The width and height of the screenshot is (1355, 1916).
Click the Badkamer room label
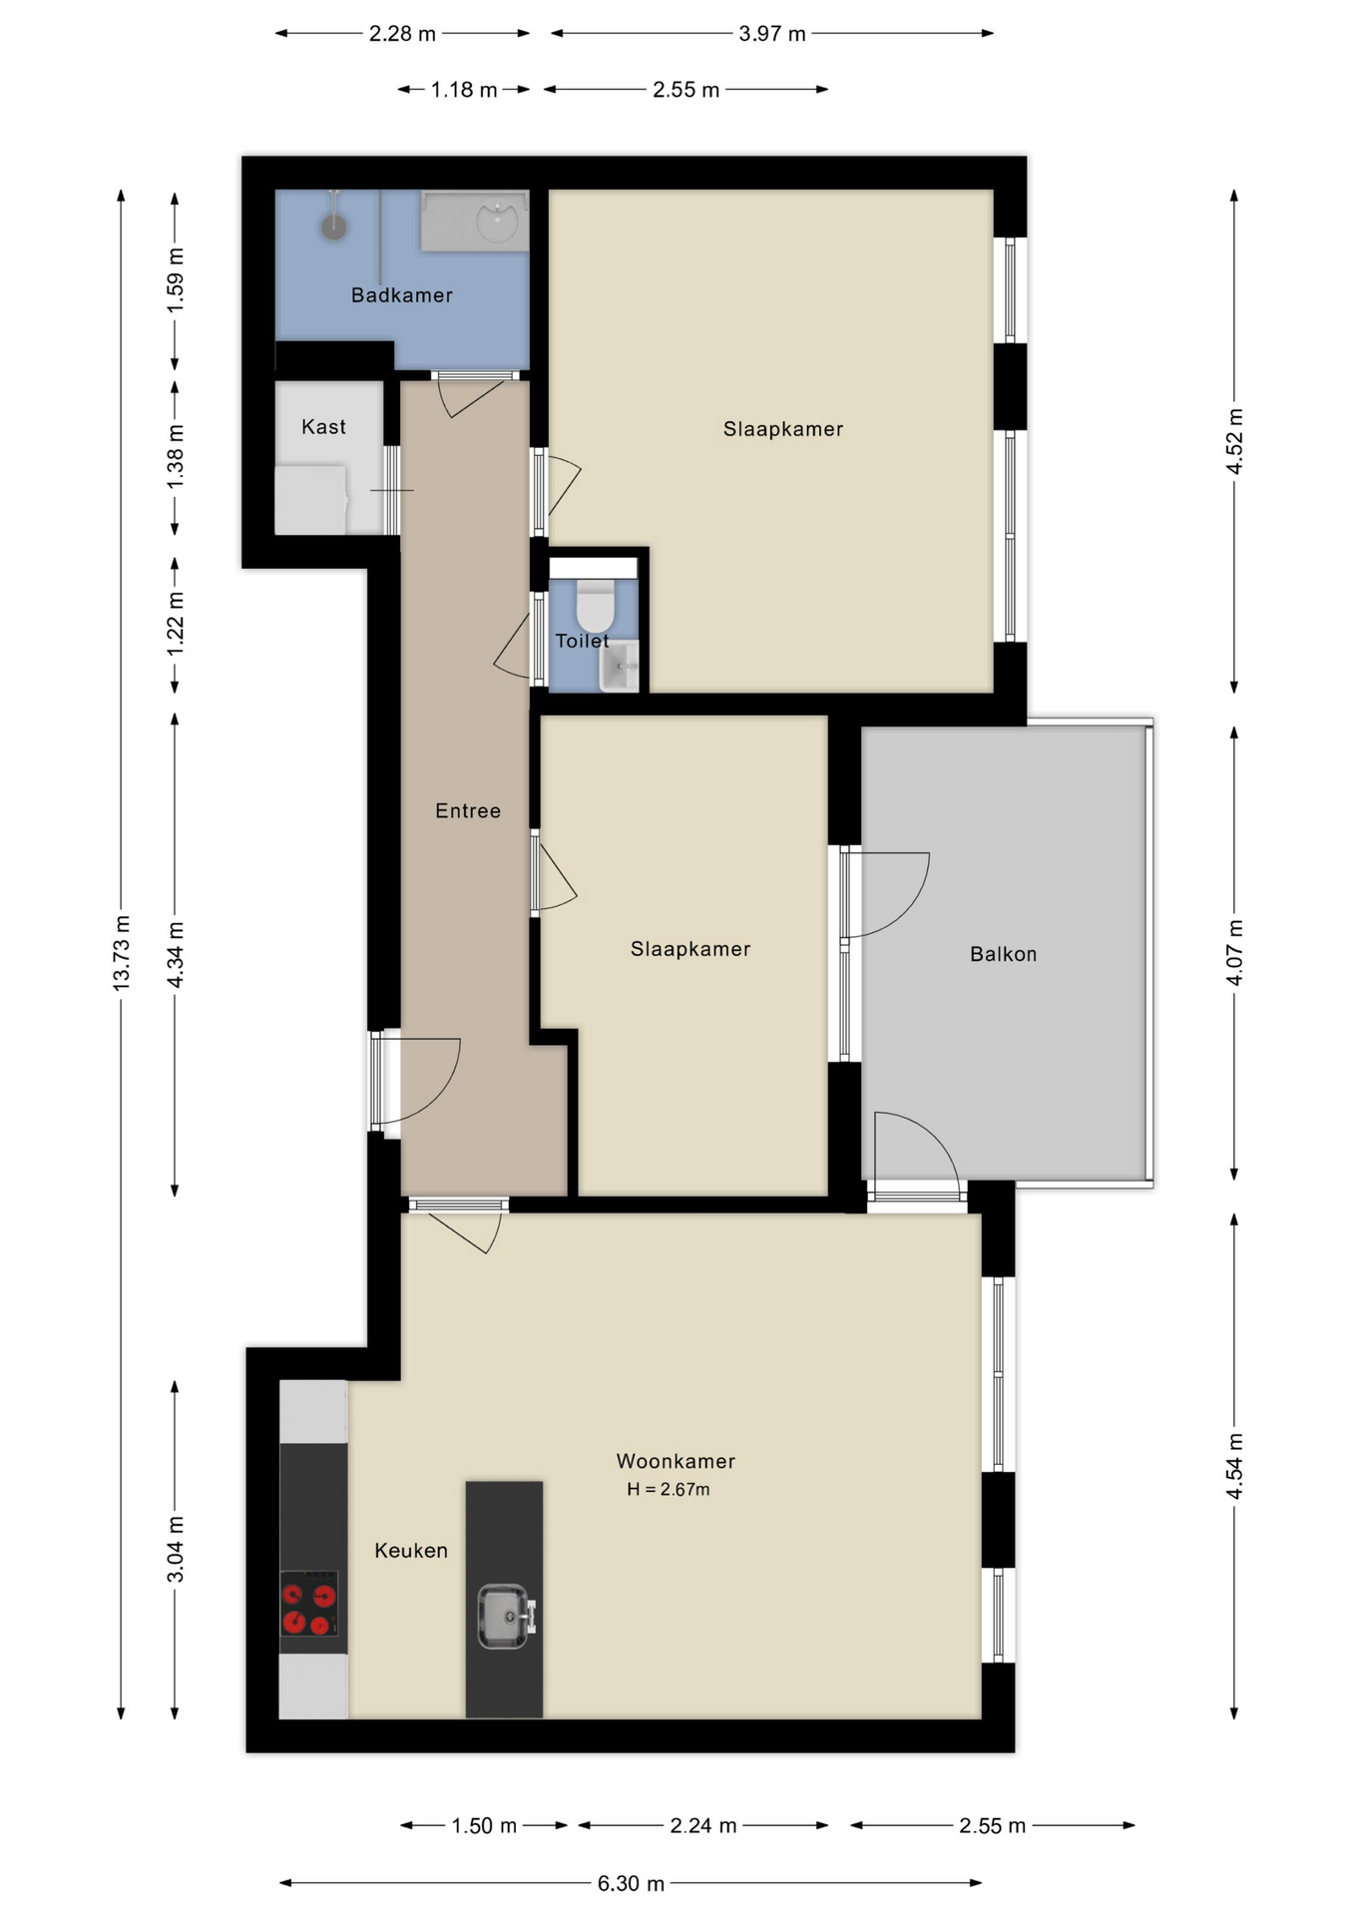402,295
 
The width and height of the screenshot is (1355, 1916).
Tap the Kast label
323,427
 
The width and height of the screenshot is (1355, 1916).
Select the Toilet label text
582,641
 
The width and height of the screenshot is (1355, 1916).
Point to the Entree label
468,811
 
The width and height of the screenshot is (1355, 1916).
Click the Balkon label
1003,954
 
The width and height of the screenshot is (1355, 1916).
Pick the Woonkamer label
676,1461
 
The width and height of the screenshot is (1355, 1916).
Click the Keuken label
411,1550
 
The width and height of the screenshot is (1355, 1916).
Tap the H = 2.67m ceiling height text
668,1489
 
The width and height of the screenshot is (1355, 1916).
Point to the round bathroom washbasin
497,222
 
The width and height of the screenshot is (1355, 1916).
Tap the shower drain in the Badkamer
333,227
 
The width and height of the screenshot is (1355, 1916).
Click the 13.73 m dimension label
122,952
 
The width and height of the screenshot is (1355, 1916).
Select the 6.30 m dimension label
631,1883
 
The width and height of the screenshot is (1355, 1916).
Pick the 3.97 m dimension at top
772,34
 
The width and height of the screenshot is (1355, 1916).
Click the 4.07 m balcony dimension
1234,953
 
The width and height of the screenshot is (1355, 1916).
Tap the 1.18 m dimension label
464,90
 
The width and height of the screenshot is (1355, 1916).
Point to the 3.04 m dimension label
176,1549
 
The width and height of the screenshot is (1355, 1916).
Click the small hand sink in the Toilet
620,666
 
